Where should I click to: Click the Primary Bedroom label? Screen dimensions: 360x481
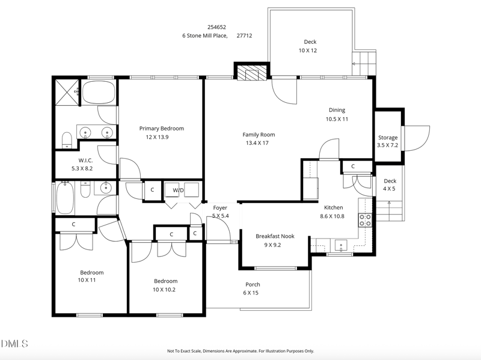click(161, 128)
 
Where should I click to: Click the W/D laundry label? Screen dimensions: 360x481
click(178, 191)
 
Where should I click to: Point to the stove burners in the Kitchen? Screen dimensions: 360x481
click(365, 220)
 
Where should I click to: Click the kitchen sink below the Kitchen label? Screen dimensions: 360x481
click(341, 245)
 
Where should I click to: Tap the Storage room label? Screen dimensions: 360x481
click(388, 138)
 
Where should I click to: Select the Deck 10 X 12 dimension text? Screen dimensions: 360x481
click(308, 50)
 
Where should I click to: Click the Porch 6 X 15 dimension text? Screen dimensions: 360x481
click(251, 293)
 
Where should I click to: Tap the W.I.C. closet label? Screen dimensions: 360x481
click(85, 160)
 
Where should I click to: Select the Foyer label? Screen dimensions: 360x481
click(220, 207)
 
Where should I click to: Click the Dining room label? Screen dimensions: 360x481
click(337, 110)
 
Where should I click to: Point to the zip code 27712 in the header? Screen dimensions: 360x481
click(244, 35)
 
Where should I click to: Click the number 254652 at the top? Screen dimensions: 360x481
click(217, 26)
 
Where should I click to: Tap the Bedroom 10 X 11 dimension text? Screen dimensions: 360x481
click(87, 280)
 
